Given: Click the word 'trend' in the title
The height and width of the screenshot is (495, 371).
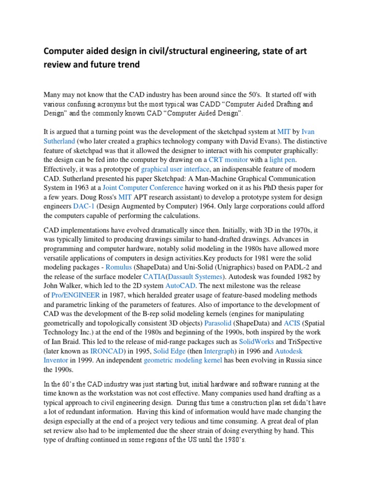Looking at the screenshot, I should pos(126,64).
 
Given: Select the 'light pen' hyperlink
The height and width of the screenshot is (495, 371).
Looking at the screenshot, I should pos(282,160).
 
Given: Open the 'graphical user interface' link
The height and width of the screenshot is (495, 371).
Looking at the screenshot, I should pos(175,169).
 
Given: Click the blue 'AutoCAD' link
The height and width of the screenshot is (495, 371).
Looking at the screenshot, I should pos(181,286).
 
